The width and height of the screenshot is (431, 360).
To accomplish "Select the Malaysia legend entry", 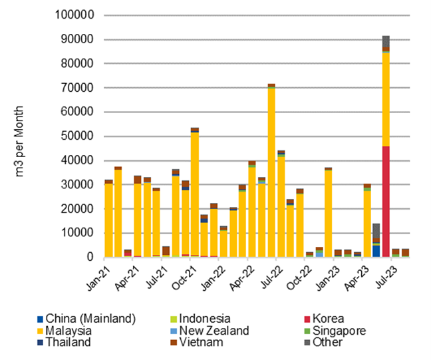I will click(69, 330).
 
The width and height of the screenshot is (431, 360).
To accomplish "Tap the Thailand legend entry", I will click(68, 342).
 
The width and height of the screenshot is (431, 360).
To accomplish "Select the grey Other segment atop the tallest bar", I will click(386, 43).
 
